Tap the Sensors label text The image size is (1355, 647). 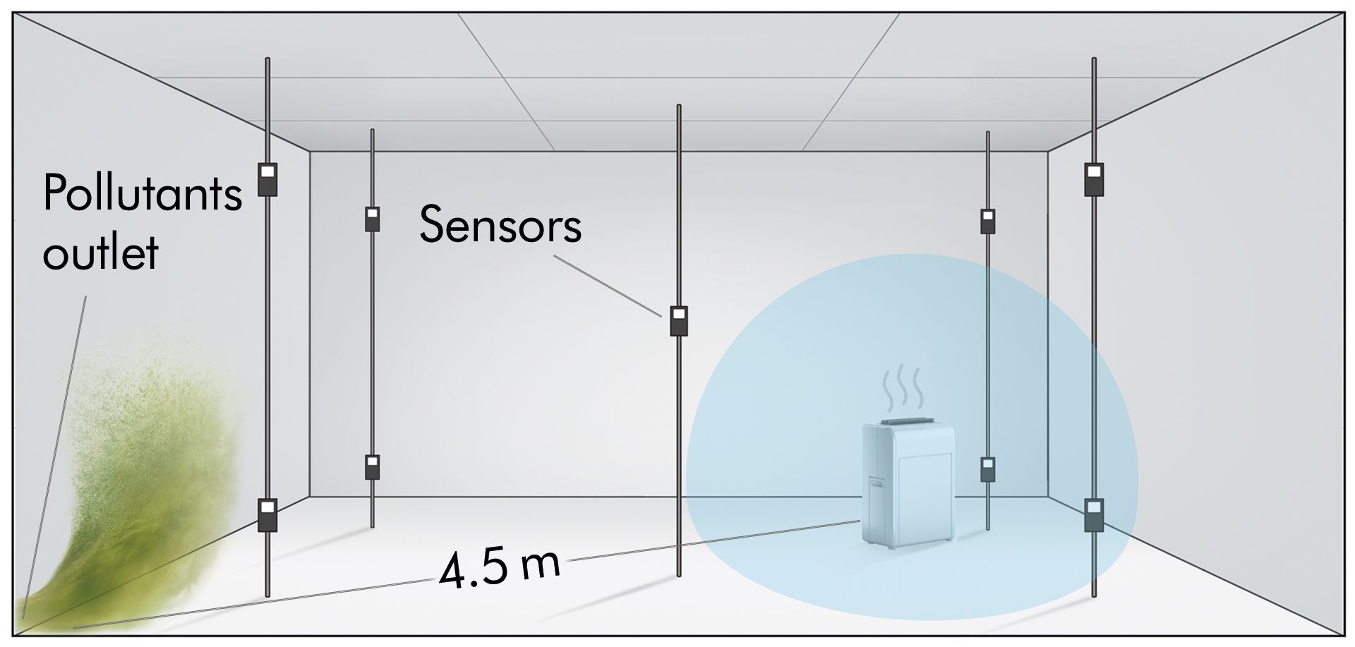500,224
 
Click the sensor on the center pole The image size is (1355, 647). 679,321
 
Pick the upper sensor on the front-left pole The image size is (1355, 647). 267,179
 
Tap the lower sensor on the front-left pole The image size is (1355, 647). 267,514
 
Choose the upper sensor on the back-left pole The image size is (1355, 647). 373,219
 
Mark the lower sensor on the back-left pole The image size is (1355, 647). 373,467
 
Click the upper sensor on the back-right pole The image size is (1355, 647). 988,221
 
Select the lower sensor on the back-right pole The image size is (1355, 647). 988,469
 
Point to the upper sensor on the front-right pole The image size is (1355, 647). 1094,179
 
